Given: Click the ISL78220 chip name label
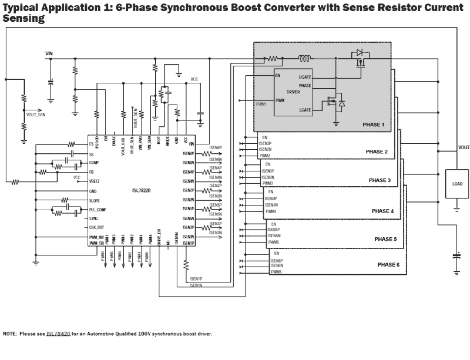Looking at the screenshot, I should (141, 190).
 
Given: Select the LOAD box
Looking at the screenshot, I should (457, 184).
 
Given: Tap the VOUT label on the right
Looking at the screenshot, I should (463, 147).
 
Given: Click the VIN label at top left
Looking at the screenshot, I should (49, 54).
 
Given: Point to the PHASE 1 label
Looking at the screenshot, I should (373, 125).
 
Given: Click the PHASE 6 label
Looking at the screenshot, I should (388, 265).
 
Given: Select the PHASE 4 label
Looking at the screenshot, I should (382, 211).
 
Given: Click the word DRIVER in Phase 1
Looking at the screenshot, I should (293, 92).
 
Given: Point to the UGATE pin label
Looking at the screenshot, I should (305, 77).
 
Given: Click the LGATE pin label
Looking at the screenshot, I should (305, 110).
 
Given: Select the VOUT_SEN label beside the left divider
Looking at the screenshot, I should (36, 115).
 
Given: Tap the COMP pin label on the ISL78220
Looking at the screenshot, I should (94, 163).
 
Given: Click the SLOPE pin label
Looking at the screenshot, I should (95, 201).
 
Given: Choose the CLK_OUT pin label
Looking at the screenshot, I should (97, 228).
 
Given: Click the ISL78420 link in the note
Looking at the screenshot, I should (58, 334).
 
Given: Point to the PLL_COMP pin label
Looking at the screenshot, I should (97, 210).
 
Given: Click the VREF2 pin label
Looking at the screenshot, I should (95, 181).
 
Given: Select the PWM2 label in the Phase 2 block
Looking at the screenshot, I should (265, 155).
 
